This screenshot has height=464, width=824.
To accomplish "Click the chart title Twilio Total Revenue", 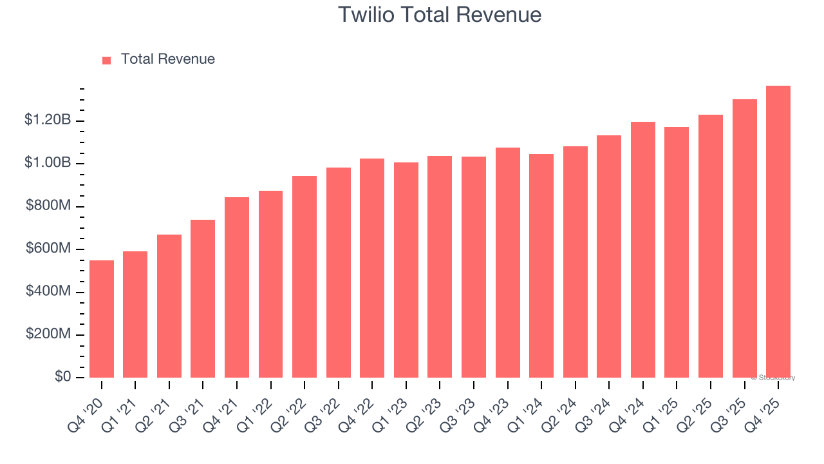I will [440, 15].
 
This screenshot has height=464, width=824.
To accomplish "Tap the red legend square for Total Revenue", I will [107, 60].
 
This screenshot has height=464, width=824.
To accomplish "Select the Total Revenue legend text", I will [167, 59].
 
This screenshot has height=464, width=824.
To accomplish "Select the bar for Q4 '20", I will [102, 319].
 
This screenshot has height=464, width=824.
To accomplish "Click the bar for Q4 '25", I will [778, 232].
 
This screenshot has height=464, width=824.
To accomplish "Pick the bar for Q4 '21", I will [237, 287].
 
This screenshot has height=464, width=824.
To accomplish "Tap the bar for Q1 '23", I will [406, 270].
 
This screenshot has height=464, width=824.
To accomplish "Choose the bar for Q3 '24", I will [609, 256].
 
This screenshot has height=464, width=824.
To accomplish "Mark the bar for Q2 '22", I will [304, 277].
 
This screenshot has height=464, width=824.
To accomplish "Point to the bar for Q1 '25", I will [677, 253].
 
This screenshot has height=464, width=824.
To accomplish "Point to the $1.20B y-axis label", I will [48, 120].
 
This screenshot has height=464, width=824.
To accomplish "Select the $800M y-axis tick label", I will [48, 206].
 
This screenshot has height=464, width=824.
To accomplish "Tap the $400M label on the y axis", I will [48, 291].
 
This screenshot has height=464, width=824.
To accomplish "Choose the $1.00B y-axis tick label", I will [48, 162].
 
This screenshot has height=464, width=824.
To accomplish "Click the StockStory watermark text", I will [773, 378].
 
